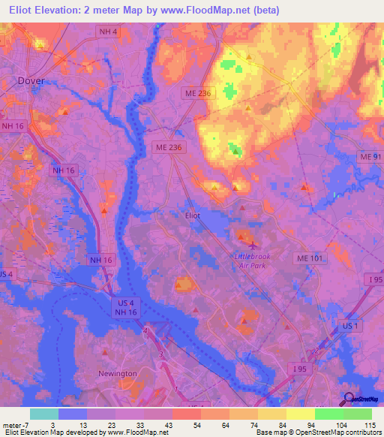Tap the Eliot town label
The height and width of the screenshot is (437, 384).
pos(193,215)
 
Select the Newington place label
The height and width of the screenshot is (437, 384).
pos(118,373)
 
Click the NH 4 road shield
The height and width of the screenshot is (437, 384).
pos(108,31)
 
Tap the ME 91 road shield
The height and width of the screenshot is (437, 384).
pos(370,157)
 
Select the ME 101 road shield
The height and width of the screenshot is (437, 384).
pos(308,258)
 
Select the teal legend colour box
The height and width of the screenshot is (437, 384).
pos(44,414)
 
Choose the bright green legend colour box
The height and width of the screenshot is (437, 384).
pos(328,414)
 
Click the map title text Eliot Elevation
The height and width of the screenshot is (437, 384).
pos(49,10)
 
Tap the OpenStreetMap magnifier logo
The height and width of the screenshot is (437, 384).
pos(349,399)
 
